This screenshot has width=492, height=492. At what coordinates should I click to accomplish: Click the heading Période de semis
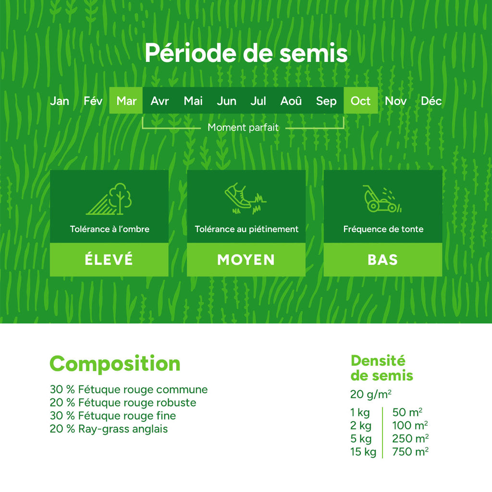tap(246, 53)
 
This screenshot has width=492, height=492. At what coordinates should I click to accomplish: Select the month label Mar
tap(126, 101)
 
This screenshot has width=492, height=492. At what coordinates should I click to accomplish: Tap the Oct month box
tap(360, 101)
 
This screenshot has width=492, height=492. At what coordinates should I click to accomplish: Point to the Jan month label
tap(60, 101)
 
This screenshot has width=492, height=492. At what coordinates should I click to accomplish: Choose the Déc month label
tap(431, 101)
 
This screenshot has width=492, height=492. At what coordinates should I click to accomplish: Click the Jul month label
tap(258, 101)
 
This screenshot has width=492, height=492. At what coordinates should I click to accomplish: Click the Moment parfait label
tap(243, 128)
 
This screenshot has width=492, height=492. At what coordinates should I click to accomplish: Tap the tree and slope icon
tap(109, 199)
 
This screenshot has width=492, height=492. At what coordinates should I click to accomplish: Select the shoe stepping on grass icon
tap(245, 198)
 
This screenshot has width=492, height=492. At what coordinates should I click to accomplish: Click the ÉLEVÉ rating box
tap(109, 259)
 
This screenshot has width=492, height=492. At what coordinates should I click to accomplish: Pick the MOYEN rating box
tap(246, 259)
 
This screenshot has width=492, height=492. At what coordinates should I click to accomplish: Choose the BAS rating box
tap(382, 259)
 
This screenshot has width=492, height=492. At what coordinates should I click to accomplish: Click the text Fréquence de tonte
tap(383, 229)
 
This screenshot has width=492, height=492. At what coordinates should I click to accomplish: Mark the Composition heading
tap(115, 364)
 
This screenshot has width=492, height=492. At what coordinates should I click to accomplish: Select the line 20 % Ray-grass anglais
tap(109, 429)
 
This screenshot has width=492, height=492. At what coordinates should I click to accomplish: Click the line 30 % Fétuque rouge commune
tap(129, 390)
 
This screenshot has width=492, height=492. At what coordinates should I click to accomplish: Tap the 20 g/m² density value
tap(371, 394)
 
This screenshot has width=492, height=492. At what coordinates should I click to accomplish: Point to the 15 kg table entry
tap(363, 452)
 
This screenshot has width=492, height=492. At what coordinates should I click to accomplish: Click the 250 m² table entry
tap(410, 439)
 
